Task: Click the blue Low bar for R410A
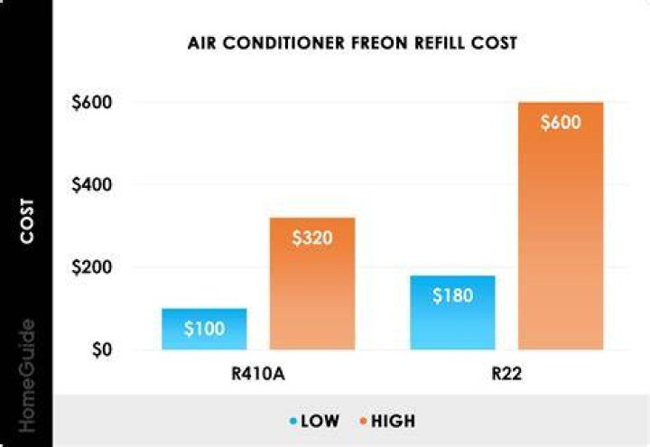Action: point(204,330)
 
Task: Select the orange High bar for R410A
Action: point(312,284)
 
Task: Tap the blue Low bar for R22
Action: point(452,312)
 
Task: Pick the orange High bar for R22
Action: point(561,226)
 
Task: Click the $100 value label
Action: point(204,329)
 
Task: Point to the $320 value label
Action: point(312,238)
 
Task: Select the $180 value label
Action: point(452,295)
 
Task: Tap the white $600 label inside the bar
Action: point(561,122)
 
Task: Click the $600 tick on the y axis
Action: point(91,102)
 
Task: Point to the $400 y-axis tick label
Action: point(91,184)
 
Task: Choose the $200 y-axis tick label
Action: point(91,267)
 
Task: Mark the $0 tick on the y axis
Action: point(102,349)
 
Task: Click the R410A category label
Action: point(258,374)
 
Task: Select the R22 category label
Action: point(506,374)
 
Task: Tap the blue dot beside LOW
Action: point(293,422)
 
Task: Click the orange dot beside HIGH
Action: point(364,422)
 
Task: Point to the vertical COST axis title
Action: point(27,221)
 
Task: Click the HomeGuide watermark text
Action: point(27,376)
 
